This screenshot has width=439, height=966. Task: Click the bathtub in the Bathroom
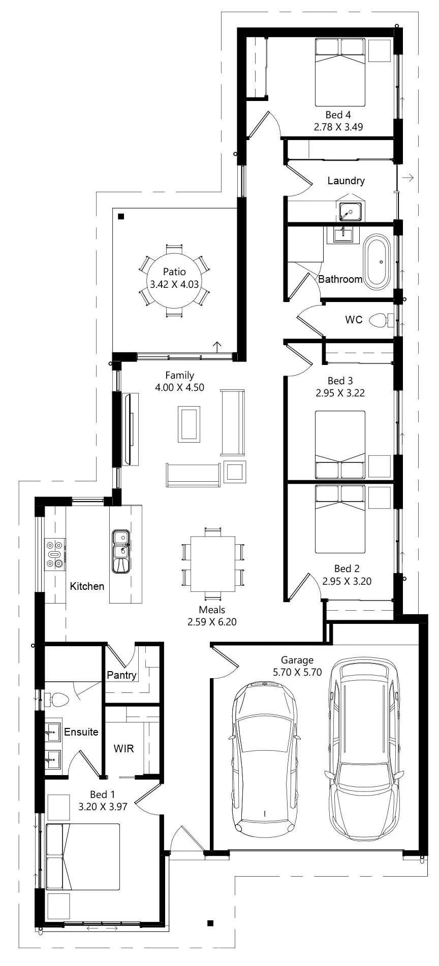pos(377,262)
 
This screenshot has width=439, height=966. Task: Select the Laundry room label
pos(346,180)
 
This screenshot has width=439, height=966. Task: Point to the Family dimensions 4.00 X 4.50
pos(179,387)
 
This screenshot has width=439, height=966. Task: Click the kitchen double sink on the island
pos(121,551)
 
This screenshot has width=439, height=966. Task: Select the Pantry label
pos(121,675)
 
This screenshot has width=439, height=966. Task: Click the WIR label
pos(123,748)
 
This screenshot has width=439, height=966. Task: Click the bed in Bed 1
pos(83,856)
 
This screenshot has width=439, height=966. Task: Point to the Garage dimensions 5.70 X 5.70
pos(297,672)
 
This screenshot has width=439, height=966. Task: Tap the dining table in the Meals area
pos(213,563)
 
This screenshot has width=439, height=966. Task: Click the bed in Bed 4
pos(340,72)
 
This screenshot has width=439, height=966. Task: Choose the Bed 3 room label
pos(340,381)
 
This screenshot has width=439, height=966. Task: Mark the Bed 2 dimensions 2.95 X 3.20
pos(347,581)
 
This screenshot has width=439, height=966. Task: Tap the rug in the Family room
pos(189,424)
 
